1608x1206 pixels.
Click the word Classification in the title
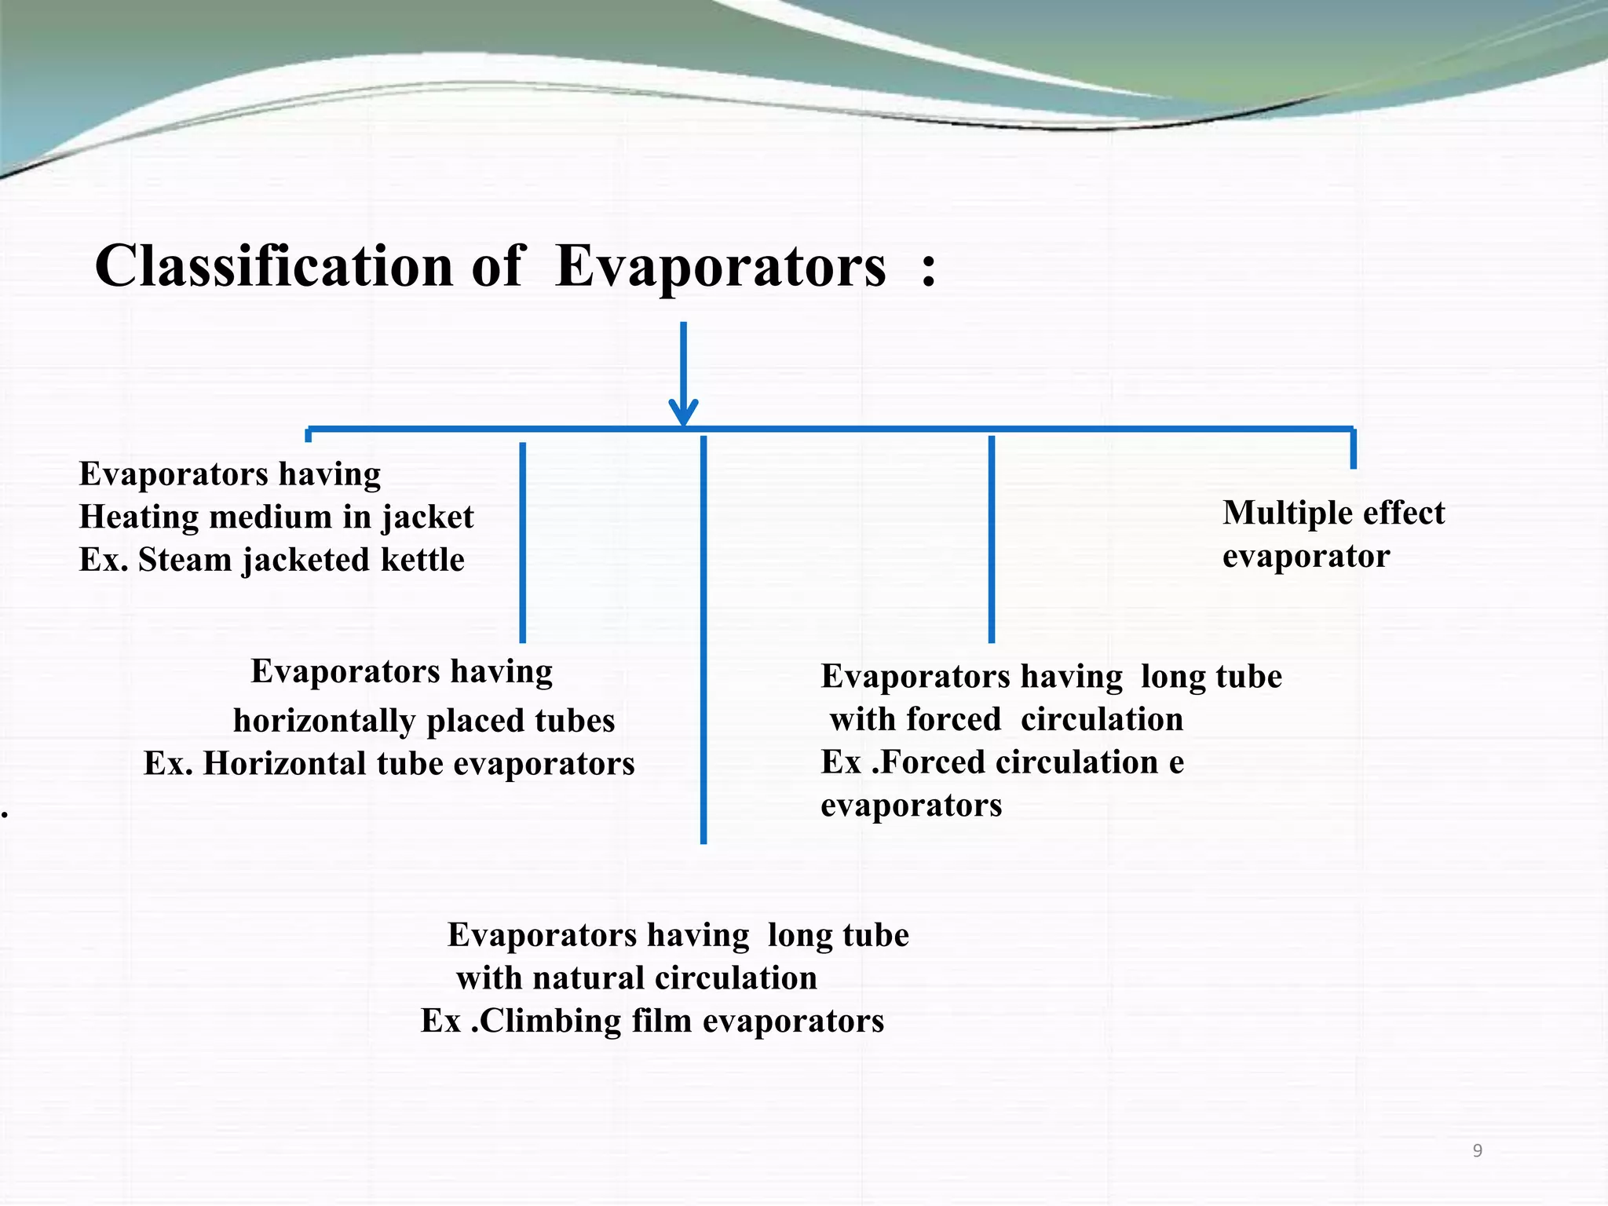[x=274, y=265]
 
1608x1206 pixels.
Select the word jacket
[x=428, y=517]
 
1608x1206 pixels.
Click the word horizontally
[x=323, y=721]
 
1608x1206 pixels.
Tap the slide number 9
[x=1477, y=1151]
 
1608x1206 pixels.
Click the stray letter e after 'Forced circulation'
[x=1175, y=762]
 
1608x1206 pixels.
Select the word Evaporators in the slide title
[x=720, y=265]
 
